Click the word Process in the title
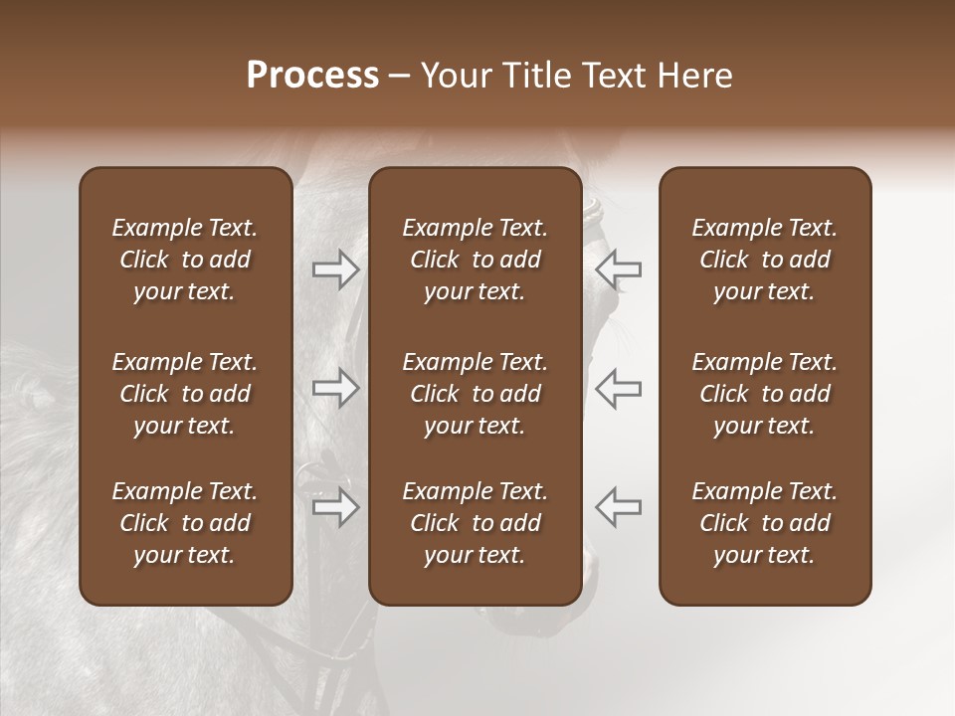click(x=312, y=76)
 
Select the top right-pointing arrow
click(x=336, y=269)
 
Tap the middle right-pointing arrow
click(x=336, y=388)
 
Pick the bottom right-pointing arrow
click(x=336, y=508)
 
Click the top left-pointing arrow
click(x=618, y=269)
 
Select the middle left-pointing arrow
click(x=618, y=388)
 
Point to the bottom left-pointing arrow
click(x=618, y=506)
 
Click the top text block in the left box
click(x=185, y=260)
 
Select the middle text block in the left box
click(x=185, y=394)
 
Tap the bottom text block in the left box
click(x=185, y=523)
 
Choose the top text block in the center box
click(x=475, y=260)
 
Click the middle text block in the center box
click(x=475, y=394)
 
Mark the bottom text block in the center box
click(x=475, y=523)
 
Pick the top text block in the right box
click(x=764, y=260)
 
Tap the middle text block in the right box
click(x=764, y=394)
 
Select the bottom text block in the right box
click(x=764, y=523)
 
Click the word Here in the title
click(x=695, y=76)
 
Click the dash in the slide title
click(x=400, y=77)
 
